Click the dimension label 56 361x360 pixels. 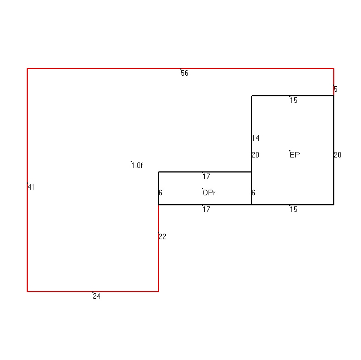coord(185,73)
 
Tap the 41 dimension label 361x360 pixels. coord(31,188)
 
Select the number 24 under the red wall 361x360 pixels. coord(97,296)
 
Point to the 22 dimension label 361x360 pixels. coord(162,237)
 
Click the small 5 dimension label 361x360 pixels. coord(335,89)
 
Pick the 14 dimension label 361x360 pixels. coord(255,138)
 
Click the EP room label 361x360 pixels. coord(295,155)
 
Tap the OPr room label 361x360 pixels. coord(209,193)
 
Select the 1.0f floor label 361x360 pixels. coord(137,165)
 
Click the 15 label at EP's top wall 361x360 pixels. coord(294,100)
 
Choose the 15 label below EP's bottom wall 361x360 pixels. coord(294,210)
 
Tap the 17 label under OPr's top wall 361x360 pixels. coord(206,176)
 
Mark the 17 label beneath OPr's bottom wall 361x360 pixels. coord(206,209)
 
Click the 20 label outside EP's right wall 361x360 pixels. coord(338,155)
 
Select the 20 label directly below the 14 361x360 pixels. coord(255,155)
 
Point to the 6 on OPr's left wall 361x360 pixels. coord(160,193)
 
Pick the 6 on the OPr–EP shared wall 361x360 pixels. coord(253,193)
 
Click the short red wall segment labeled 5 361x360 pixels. coord(334,82)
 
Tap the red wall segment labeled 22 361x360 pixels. coord(159,248)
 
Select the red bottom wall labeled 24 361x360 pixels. coord(93,292)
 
